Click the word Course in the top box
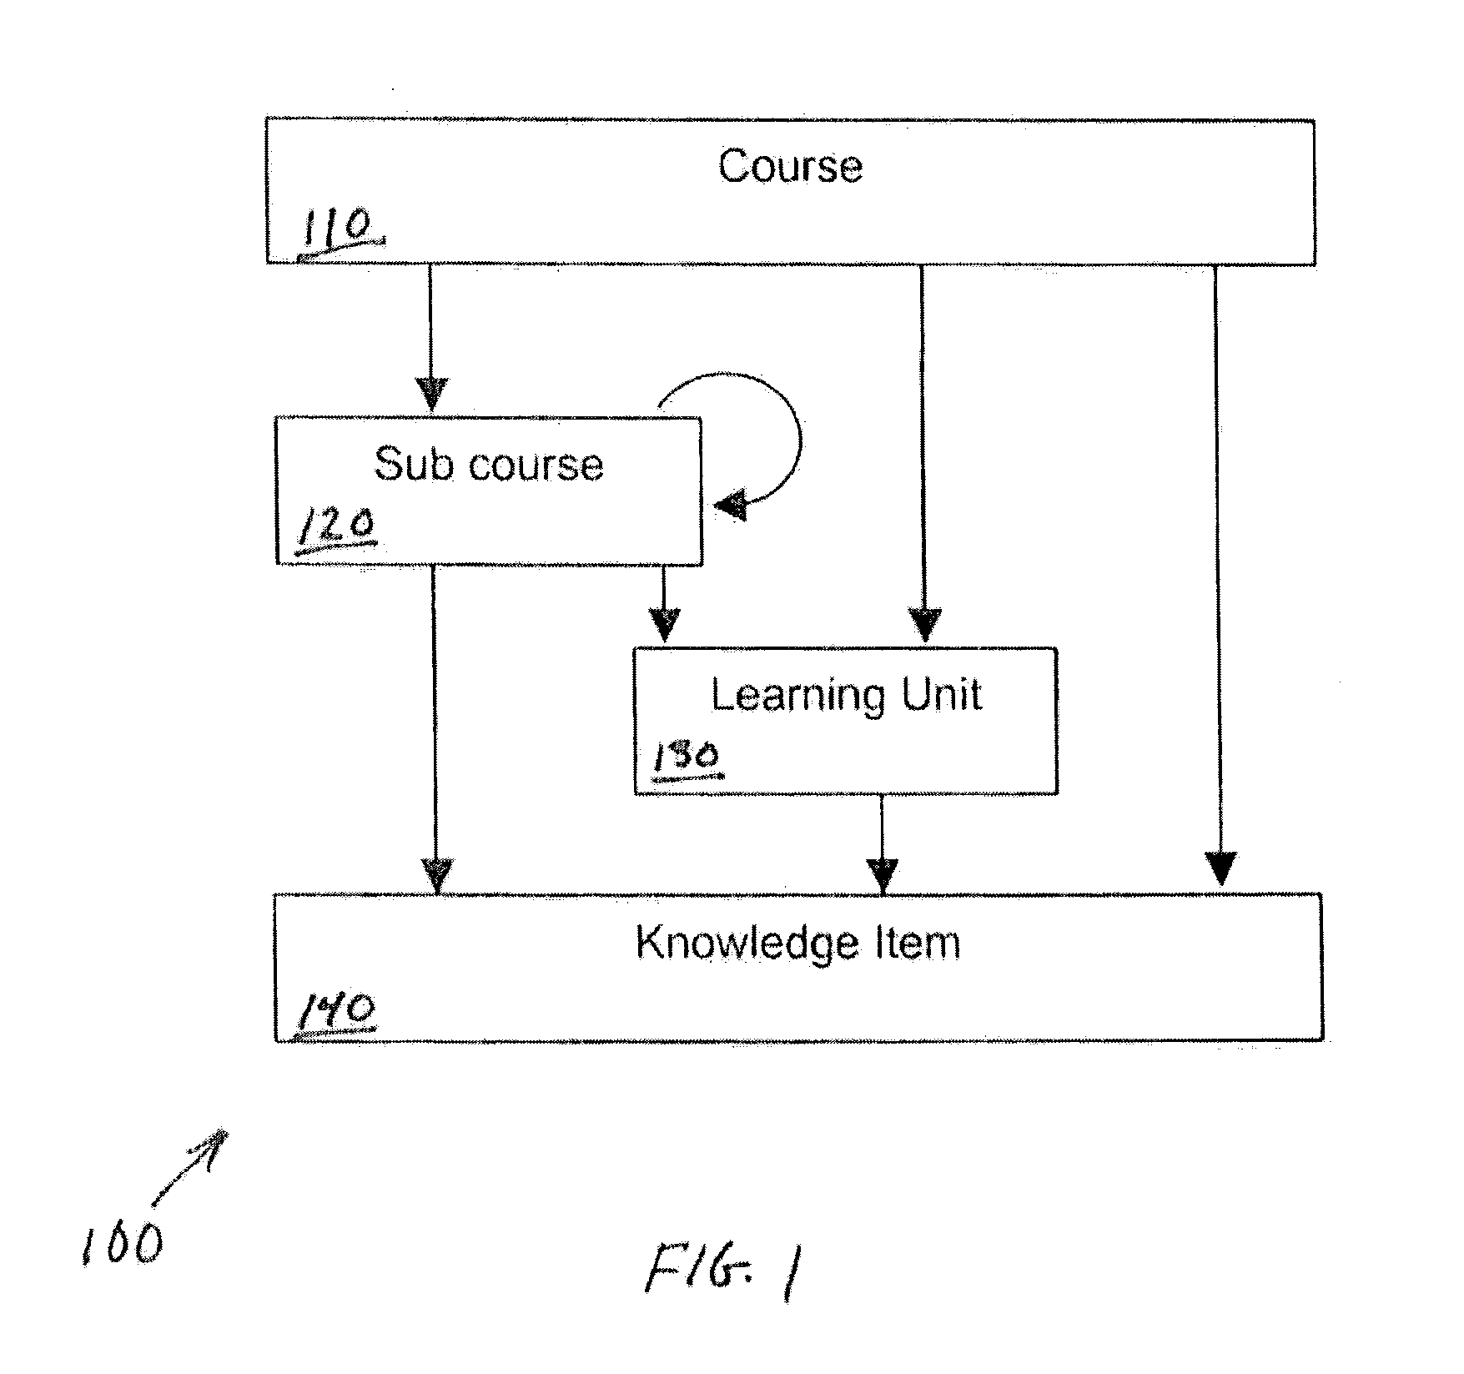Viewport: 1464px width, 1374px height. (x=790, y=166)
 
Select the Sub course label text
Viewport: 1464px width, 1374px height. (x=489, y=464)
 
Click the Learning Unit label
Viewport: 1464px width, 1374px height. (x=846, y=695)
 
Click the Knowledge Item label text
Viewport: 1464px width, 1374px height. (x=798, y=944)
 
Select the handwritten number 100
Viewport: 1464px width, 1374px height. (x=123, y=1246)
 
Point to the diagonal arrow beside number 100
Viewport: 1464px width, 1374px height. (x=189, y=1168)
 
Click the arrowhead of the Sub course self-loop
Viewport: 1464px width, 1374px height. (x=731, y=505)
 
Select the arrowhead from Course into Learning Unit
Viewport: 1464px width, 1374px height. (x=924, y=626)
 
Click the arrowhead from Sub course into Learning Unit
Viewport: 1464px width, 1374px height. (x=665, y=625)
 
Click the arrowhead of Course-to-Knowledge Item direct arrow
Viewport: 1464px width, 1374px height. (x=1220, y=868)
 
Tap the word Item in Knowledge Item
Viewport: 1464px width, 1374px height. (x=924, y=942)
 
